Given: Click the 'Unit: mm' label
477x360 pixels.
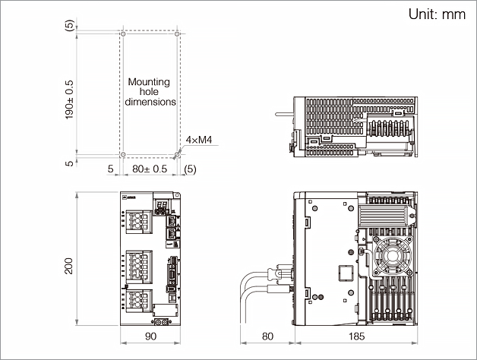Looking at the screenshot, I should [x=436, y=14].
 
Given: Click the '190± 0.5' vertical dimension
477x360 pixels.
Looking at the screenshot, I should [x=70, y=97].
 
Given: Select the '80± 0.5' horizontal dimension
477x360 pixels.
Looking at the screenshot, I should [x=150, y=169].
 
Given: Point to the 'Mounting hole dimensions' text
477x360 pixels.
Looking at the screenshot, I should [x=150, y=91].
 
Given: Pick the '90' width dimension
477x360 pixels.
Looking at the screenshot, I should [x=150, y=336].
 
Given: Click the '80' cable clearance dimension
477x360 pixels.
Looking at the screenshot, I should [x=267, y=336].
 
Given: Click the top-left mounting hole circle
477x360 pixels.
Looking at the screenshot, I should [x=122, y=34].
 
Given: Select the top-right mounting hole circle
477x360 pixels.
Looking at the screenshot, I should [x=177, y=34].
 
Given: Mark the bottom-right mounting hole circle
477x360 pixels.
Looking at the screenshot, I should [x=177, y=155].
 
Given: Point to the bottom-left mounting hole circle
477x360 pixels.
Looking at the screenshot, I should [x=122, y=155].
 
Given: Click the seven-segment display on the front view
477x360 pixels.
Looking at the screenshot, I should [x=162, y=208].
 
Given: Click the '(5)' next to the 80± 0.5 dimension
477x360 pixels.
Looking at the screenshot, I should [x=190, y=169].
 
